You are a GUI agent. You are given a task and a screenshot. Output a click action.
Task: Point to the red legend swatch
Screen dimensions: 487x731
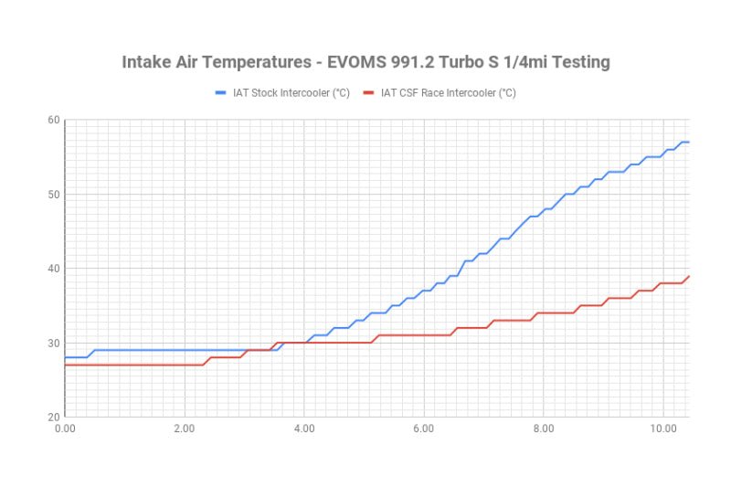(x=369, y=92)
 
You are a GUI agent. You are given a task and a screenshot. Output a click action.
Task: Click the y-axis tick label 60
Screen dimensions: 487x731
(x=54, y=121)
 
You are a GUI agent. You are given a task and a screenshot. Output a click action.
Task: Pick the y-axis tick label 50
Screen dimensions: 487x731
(x=54, y=195)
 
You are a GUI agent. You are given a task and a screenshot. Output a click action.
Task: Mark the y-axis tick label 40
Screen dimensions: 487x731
(x=54, y=269)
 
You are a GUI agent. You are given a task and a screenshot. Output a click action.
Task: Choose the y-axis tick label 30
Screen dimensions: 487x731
(x=54, y=344)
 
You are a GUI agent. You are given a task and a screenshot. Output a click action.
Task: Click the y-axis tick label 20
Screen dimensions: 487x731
(x=54, y=418)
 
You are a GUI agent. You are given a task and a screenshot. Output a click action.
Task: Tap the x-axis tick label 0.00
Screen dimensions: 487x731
(x=65, y=428)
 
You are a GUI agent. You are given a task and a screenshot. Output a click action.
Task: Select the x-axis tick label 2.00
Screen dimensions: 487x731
(x=185, y=428)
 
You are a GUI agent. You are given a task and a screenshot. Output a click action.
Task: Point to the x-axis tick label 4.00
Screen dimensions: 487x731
(x=304, y=428)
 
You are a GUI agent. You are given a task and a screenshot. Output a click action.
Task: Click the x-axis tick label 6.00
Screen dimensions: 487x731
(x=424, y=428)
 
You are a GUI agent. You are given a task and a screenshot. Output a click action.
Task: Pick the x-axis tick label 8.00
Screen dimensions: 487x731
(x=544, y=428)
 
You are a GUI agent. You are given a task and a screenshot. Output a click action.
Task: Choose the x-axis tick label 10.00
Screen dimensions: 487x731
(x=663, y=428)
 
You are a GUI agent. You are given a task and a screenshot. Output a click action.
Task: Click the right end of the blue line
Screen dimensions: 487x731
(x=688, y=143)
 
